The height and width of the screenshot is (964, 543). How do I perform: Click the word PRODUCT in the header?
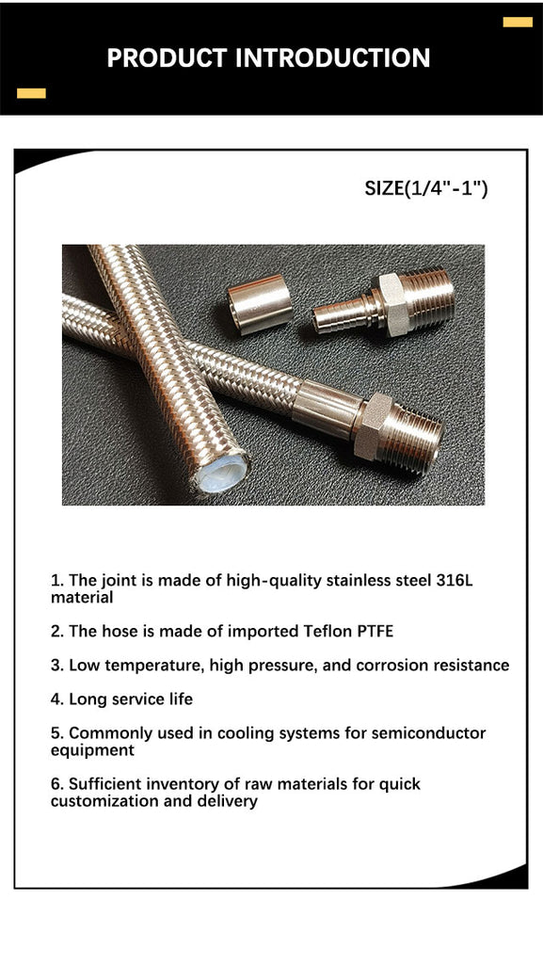click(168, 57)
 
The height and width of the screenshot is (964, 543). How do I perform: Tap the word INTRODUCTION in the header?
click(333, 57)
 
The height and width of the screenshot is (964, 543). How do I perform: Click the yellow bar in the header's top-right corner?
click(518, 23)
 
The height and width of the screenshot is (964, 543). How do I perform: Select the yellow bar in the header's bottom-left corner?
click(31, 93)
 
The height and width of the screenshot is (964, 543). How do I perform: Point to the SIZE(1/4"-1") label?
click(426, 188)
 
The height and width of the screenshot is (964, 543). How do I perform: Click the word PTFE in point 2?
click(375, 632)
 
